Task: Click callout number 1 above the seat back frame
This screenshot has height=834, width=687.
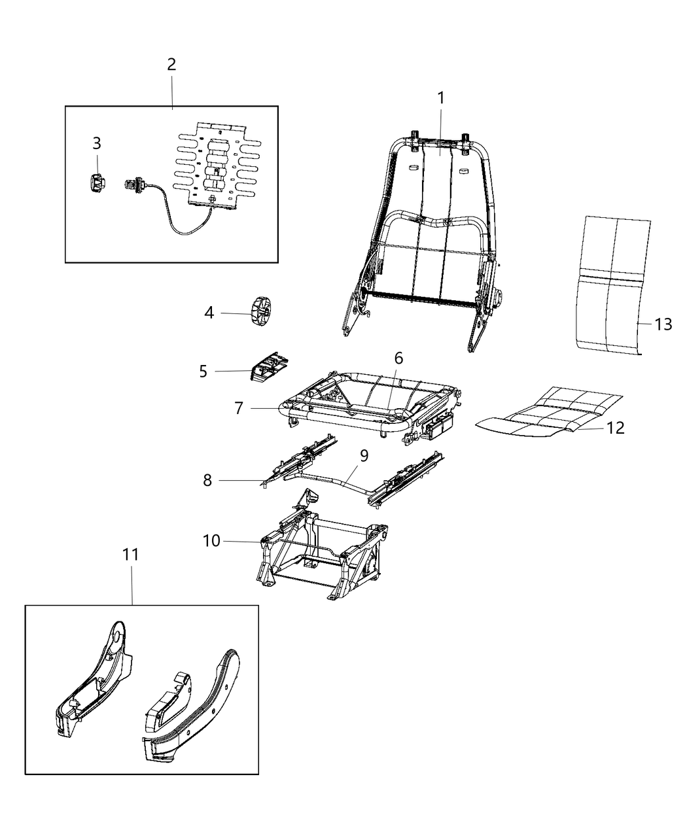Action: (x=440, y=98)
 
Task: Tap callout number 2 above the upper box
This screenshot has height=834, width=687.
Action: (x=171, y=65)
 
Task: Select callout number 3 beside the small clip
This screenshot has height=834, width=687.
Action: (x=96, y=143)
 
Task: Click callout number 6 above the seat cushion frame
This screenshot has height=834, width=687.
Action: (x=398, y=358)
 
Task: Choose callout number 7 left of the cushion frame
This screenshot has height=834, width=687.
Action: (x=239, y=408)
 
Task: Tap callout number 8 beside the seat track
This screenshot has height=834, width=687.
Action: (x=207, y=480)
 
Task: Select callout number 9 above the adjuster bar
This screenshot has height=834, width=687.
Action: (x=364, y=455)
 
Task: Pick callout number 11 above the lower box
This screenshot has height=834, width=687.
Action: (x=131, y=555)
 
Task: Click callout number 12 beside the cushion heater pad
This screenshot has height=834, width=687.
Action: (x=615, y=428)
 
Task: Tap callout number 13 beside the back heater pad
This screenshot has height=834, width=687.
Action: (x=663, y=324)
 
